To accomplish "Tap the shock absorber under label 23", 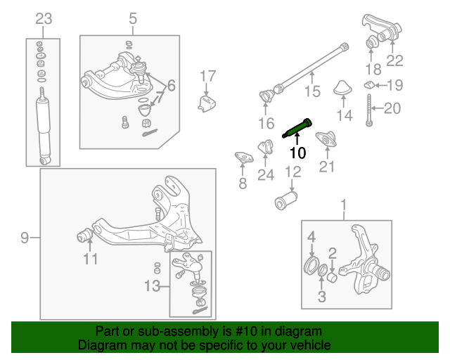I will click(x=44, y=127).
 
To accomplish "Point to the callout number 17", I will click(x=207, y=76).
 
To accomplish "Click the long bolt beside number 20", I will click(x=368, y=108).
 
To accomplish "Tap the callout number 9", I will click(x=25, y=238).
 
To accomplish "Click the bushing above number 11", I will click(x=85, y=233).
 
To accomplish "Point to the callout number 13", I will click(x=152, y=287).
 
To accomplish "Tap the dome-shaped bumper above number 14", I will click(x=343, y=89).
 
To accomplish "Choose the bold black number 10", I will click(x=298, y=153).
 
